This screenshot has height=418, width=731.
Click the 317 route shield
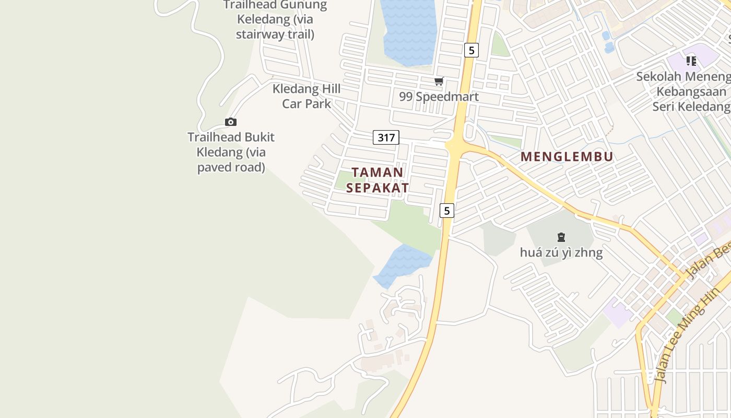coord(386,137)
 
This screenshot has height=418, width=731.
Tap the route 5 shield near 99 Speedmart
coord(471,50)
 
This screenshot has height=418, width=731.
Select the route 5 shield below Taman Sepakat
coord(446,211)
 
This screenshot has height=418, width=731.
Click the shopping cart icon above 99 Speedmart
coord(439,81)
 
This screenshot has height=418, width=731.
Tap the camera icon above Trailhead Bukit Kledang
coord(231,122)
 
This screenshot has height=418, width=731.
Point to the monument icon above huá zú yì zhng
coord(561,237)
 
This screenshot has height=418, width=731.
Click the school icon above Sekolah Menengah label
coord(691,61)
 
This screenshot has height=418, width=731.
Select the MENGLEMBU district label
coord(567,157)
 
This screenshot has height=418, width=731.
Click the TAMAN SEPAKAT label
coord(377,180)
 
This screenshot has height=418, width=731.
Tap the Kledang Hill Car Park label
coord(306,96)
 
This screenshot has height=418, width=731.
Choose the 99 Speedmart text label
coord(439,97)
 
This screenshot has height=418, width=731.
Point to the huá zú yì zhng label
coord(561,253)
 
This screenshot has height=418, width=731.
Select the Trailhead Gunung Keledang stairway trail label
coord(275,20)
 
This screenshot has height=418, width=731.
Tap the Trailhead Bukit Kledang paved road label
coord(231,152)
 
